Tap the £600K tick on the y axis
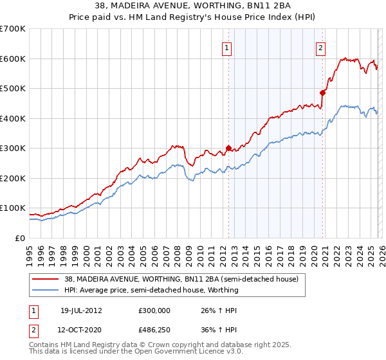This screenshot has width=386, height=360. click(x=12, y=59)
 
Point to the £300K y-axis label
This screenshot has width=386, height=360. click(x=12, y=148)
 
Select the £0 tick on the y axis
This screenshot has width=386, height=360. click(x=19, y=238)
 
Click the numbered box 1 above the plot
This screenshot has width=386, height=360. click(x=228, y=47)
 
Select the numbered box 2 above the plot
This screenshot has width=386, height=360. click(x=320, y=47)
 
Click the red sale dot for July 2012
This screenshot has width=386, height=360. click(x=228, y=148)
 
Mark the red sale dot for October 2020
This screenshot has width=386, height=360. click(x=322, y=93)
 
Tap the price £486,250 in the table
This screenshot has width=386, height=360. click(x=154, y=329)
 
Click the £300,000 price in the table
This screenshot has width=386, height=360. click(x=154, y=310)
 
